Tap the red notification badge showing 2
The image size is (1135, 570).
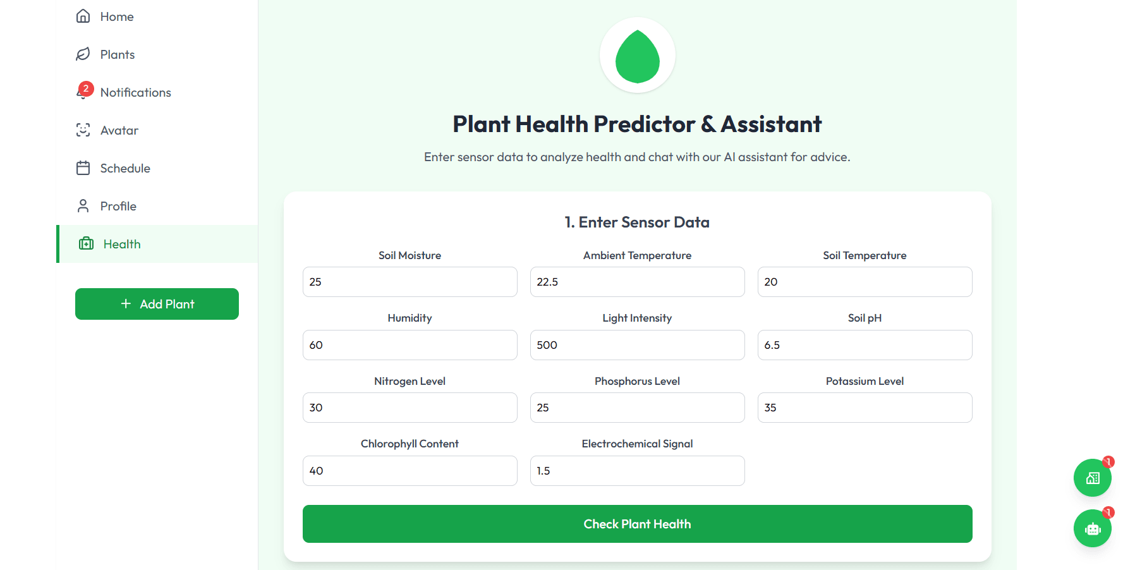(86, 88)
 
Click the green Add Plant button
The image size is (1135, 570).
(157, 304)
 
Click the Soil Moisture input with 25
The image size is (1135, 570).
(410, 282)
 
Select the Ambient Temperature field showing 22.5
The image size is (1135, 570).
(637, 282)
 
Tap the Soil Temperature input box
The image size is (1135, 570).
(865, 282)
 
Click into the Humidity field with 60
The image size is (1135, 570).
(410, 345)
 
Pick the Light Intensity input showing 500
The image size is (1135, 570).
(637, 345)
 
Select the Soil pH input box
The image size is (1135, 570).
(865, 345)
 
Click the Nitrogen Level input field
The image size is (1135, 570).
(410, 408)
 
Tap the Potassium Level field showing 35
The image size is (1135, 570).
(865, 408)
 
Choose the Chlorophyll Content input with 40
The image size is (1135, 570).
(410, 471)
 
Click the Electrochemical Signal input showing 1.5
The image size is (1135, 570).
(637, 471)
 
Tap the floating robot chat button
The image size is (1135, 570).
(1092, 528)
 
